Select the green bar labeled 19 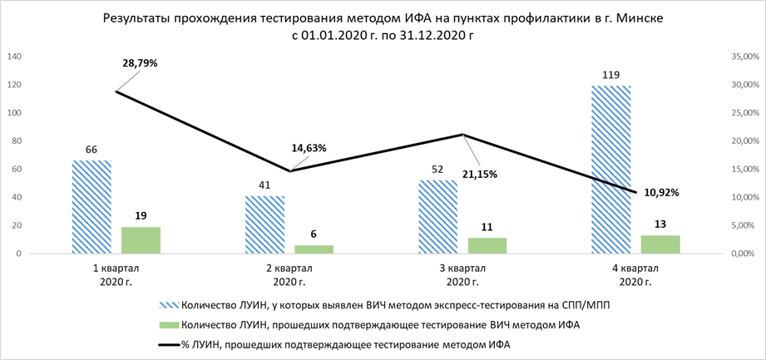(x=141, y=240)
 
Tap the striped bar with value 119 (x=611, y=170)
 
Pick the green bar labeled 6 (x=314, y=249)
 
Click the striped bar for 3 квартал (x=437, y=216)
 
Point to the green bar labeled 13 (x=660, y=244)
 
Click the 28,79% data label (x=140, y=63)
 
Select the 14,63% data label (x=309, y=149)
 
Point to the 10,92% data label (x=661, y=192)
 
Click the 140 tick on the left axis (x=14, y=57)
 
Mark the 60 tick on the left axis (x=17, y=170)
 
